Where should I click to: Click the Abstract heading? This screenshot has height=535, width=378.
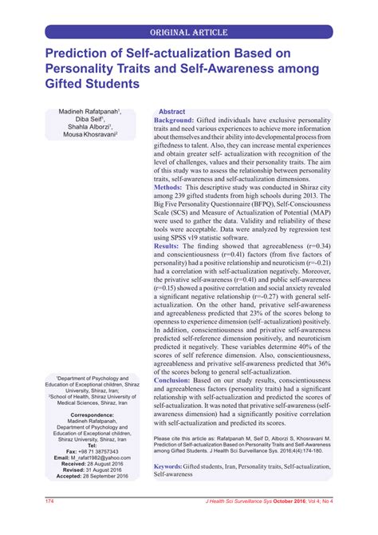pos(171,113)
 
